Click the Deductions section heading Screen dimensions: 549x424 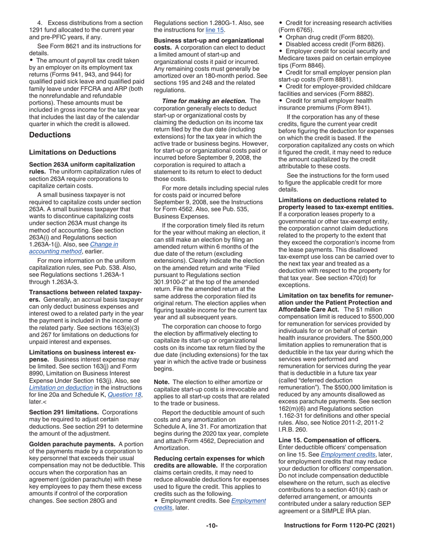coord(50,135)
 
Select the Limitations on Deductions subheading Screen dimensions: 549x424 coord(72,152)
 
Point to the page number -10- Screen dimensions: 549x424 coord(212,526)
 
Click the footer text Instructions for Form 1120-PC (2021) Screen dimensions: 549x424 coord(339,526)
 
